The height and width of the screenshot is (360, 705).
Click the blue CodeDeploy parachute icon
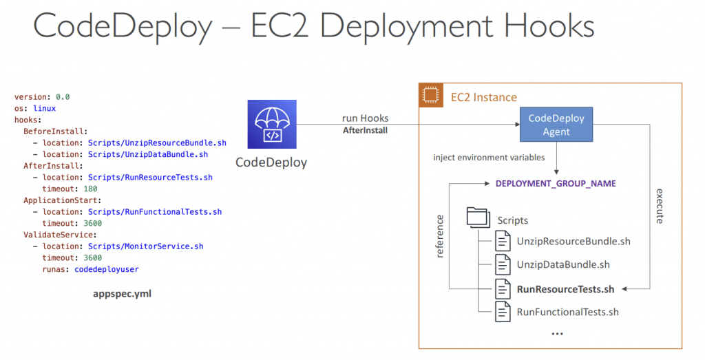[272, 124]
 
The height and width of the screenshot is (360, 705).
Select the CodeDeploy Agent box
[556, 125]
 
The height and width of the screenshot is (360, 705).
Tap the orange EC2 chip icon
[431, 95]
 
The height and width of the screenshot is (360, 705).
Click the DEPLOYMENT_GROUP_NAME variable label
[556, 183]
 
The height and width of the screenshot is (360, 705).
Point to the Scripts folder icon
[478, 218]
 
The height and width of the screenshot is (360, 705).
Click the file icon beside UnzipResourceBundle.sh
[503, 240]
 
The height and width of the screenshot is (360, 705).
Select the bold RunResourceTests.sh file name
[566, 289]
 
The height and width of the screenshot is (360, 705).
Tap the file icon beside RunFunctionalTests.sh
[503, 311]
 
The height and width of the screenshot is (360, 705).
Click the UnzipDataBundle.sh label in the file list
[563, 265]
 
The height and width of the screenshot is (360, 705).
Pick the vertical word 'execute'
[660, 206]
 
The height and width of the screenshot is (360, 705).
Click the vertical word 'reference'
[440, 236]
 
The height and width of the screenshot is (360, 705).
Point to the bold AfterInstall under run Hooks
[365, 130]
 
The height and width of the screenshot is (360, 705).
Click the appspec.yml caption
[123, 294]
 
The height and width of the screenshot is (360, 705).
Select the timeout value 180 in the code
[90, 189]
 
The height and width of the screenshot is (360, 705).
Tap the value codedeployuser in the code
[107, 269]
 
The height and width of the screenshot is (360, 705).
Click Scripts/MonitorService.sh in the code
[146, 246]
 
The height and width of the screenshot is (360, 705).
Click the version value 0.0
[63, 97]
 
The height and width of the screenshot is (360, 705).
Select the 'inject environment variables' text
[490, 158]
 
